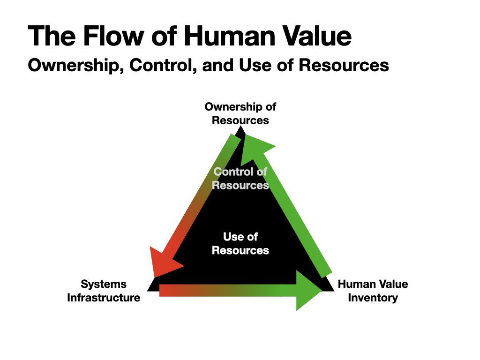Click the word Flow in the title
[113, 36]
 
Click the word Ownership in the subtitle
[76, 66]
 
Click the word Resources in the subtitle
[344, 65]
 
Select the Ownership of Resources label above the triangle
[240, 113]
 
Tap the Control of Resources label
[240, 179]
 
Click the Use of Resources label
[240, 243]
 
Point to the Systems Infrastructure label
[104, 291]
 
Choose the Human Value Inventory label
[373, 291]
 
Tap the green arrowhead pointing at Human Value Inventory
[307, 291]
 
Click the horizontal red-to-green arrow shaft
[228, 291]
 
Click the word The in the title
[52, 36]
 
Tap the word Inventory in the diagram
[373, 298]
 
